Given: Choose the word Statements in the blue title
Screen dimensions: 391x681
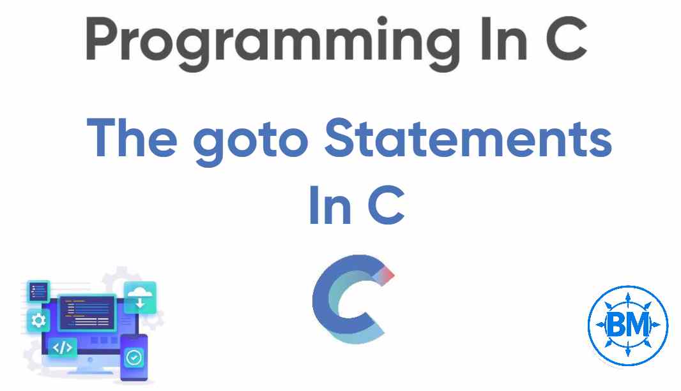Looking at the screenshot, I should click(x=468, y=138).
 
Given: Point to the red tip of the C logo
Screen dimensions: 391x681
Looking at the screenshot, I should click(x=388, y=275).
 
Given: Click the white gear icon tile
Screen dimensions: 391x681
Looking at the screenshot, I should click(x=38, y=320).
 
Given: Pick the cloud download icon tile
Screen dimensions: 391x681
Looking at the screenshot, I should click(x=140, y=297).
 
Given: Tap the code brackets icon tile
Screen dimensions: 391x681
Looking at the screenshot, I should click(x=63, y=348).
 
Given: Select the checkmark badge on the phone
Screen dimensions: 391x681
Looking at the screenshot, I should click(x=134, y=357).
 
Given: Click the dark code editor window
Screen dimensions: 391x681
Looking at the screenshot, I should click(x=88, y=312).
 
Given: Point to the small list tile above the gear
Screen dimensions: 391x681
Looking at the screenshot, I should click(x=38, y=291).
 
